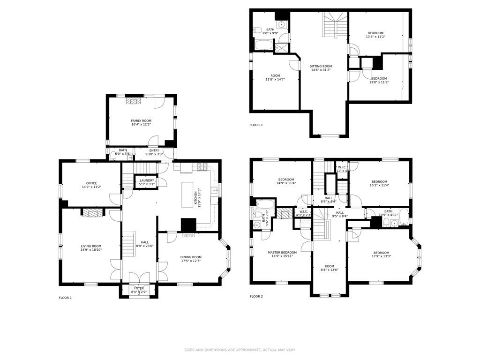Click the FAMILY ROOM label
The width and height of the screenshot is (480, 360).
141,121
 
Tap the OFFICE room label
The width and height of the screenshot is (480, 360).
91,183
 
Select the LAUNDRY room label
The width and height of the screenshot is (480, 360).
147,180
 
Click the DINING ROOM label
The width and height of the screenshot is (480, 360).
191,257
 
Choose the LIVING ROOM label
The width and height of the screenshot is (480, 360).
91,246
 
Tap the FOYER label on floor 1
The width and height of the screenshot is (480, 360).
139,288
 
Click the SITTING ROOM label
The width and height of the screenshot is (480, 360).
321,67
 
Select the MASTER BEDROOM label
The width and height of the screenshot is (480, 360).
282,253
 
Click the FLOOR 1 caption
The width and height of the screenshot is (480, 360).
65,298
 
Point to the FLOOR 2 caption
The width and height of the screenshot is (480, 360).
256,296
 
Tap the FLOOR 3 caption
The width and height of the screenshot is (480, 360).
256,125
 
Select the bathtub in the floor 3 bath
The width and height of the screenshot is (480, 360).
262,45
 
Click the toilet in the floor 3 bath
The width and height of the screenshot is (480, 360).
257,30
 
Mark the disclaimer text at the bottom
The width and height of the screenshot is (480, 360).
240,350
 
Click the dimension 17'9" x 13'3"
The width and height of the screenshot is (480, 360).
381,256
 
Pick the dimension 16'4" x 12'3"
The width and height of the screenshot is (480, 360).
141,125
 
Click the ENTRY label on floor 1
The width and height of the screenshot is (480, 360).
154,150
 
